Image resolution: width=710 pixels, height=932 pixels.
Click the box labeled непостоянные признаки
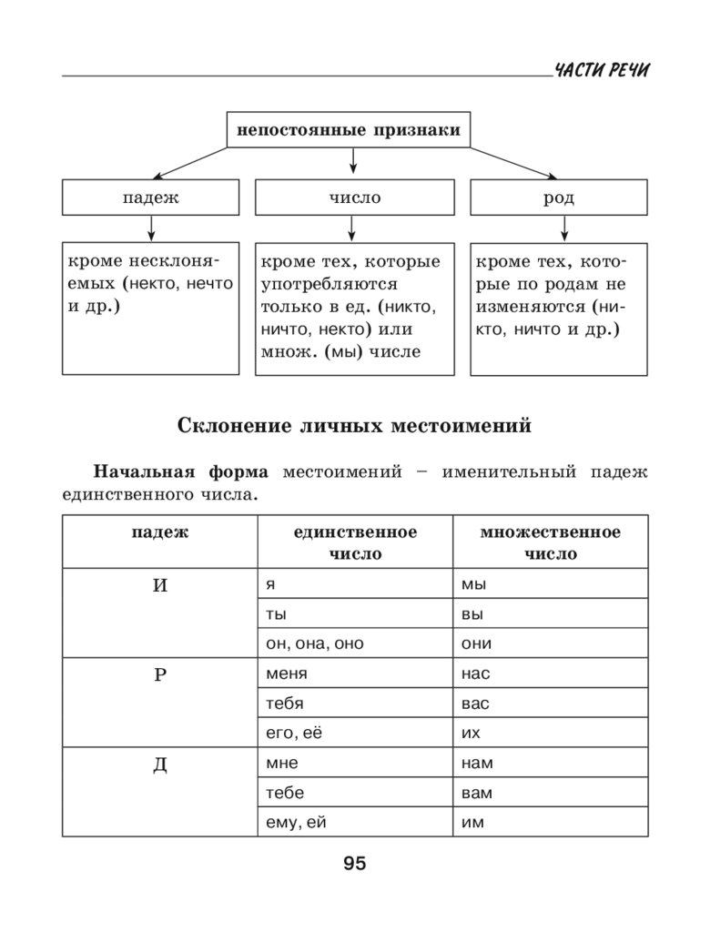349,129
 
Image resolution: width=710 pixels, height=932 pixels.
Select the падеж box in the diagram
150,198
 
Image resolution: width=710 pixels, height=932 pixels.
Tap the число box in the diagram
354,198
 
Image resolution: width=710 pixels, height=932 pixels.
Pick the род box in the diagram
559,198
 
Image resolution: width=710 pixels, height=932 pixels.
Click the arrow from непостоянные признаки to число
354,162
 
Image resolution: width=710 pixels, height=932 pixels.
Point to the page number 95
354,864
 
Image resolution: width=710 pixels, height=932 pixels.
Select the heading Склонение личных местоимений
354,425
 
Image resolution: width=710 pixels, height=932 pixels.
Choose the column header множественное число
551,542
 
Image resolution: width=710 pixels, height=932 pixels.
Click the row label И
159,585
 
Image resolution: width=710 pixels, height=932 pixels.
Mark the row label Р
159,674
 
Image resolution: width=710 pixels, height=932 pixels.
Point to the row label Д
159,764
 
